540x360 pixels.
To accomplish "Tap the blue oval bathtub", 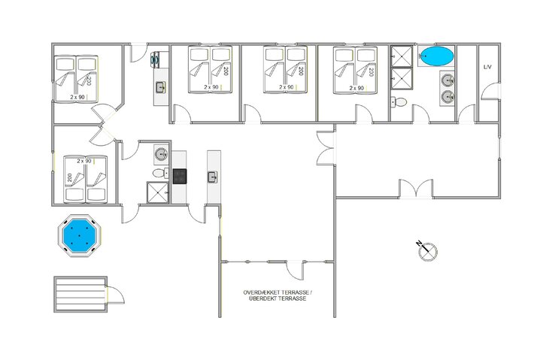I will coord(436,56).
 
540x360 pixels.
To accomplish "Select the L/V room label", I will coord(487,68).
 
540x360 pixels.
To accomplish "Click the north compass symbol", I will coord(426,250).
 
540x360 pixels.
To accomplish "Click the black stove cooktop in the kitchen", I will coord(180,176).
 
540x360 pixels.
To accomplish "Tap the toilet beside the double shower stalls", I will coord(400,101).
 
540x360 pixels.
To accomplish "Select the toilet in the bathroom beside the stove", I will coord(159,174).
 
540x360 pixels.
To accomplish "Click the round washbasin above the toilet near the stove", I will coord(160,155).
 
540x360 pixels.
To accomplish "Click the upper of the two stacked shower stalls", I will coord(399,56).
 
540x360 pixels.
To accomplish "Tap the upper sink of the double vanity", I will coord(447,80).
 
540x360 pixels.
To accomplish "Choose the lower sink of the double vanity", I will coord(447,96).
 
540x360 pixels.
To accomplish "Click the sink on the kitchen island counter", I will coord(213,177).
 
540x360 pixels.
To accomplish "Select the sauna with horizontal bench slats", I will coord(78,292).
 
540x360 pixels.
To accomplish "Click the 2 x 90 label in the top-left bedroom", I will coord(77,97).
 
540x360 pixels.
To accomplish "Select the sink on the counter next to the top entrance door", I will coord(160,88).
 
